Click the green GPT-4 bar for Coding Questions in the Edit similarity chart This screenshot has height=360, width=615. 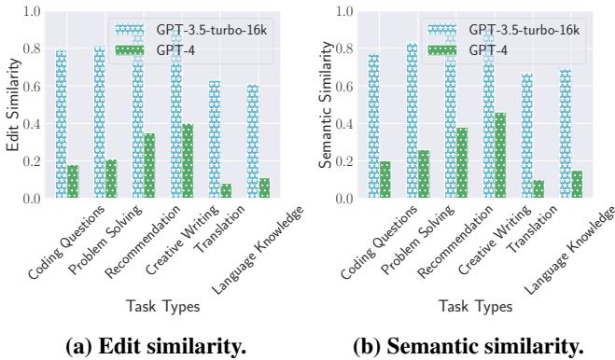[72, 182]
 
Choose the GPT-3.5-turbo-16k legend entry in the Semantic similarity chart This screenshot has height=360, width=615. [523, 31]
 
